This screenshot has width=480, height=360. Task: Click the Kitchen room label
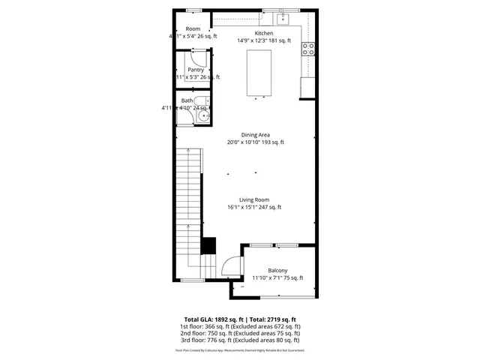264,33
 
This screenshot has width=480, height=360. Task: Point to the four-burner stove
307,49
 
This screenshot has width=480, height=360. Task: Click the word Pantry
196,70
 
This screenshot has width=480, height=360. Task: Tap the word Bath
187,100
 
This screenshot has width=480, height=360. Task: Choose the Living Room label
254,199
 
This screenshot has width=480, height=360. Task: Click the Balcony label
277,270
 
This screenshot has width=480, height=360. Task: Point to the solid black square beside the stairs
209,245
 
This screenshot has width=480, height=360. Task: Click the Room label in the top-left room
193,28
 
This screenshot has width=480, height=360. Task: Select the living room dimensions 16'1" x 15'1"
254,208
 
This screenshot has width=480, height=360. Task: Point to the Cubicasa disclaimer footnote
240,349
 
